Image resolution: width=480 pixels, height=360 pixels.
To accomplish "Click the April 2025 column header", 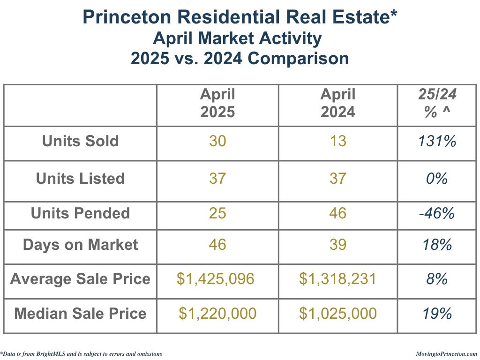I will coord(217,104).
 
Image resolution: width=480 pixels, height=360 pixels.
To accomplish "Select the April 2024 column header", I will coord(338,104).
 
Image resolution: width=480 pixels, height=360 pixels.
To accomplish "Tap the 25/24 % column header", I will coord(437,104).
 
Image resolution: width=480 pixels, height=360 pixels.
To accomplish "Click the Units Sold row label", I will coord(80,141).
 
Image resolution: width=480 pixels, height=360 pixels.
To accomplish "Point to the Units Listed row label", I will coord(80,179).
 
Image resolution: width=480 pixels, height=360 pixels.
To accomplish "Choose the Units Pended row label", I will coord(80,213).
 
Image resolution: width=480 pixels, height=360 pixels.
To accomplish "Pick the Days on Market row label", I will coord(80,245).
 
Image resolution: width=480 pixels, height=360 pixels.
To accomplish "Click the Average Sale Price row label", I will coord(80,279).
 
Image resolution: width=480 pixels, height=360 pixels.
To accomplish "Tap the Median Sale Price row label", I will coord(80,313).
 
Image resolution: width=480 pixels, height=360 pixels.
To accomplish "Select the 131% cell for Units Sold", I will coord(437,141).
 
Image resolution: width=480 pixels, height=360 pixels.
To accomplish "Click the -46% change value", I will coord(437,213).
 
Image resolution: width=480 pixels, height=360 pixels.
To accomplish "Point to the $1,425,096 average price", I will coord(216,279).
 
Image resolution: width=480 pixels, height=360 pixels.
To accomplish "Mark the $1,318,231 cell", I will coord(337,279).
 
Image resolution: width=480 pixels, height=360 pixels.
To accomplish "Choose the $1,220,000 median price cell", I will coord(217,313).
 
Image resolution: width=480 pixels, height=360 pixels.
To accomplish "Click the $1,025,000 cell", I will coord(338,313).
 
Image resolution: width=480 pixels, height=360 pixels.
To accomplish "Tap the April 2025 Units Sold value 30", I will coord(217,141).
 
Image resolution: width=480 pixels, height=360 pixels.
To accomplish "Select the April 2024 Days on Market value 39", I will coord(338,245).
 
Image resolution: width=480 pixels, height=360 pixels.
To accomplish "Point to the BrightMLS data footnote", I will coord(82,354).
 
